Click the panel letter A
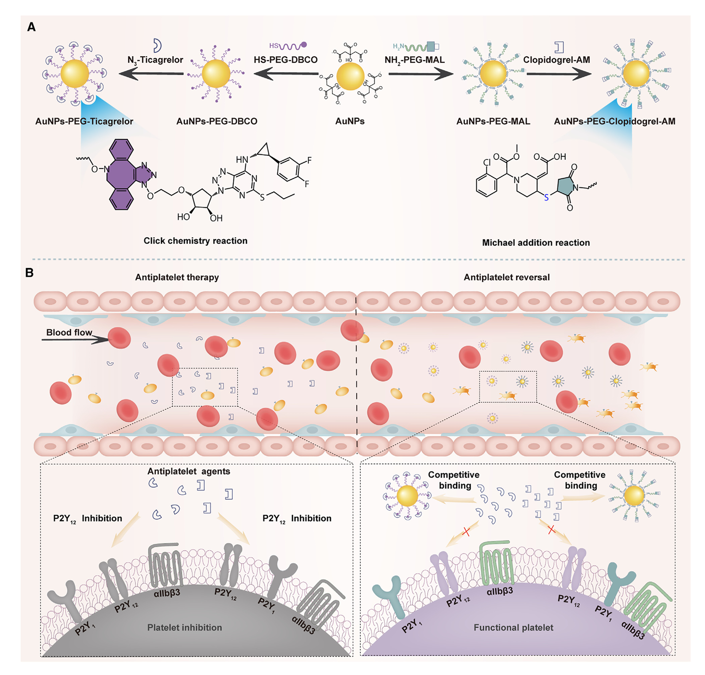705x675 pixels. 31,27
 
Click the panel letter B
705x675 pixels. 30,272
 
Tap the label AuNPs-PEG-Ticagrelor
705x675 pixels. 84,121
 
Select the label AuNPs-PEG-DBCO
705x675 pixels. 217,121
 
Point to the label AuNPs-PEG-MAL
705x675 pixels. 493,121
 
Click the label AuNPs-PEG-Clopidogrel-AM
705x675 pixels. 614,121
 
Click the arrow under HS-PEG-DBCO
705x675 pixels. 286,74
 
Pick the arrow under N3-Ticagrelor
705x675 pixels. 151,74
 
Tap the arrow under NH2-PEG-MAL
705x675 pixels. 421,74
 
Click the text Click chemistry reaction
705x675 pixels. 195,241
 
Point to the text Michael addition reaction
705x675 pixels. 536,243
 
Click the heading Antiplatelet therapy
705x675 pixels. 177,277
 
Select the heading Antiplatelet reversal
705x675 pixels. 507,277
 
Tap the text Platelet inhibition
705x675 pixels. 184,627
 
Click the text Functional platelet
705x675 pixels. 513,627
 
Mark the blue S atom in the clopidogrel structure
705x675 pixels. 546,197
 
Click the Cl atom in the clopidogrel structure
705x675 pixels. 487,162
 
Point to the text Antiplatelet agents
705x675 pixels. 189,471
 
